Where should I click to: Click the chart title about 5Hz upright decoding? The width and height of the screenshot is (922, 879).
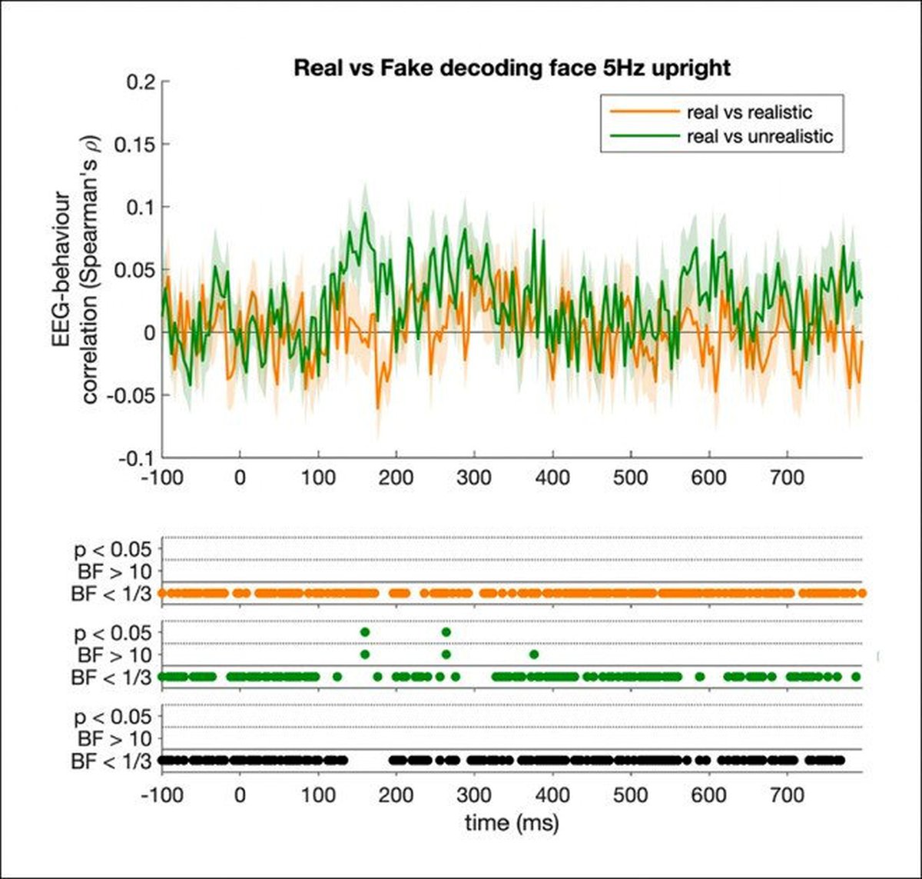point(512,68)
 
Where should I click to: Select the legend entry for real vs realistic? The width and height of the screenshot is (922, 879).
point(749,113)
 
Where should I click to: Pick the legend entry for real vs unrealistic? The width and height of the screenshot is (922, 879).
point(759,137)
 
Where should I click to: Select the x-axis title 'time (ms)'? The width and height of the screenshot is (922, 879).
point(512,823)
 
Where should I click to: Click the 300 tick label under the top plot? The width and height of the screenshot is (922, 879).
point(474,478)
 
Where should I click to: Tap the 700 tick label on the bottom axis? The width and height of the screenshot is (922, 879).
point(787,794)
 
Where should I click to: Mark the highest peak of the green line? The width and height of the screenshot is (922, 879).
point(365,213)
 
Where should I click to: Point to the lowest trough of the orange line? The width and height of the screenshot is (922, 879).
point(377,408)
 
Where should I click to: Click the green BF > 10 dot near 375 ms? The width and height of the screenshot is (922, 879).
point(534,654)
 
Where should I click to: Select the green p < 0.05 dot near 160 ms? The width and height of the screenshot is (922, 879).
point(365,632)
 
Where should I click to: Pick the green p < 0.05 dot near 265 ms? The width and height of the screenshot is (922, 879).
point(446,632)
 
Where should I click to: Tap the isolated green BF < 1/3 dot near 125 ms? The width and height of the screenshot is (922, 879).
point(337,677)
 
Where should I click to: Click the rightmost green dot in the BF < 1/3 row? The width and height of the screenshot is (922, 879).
point(856,677)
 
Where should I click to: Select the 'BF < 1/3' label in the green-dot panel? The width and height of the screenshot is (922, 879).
point(111,678)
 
